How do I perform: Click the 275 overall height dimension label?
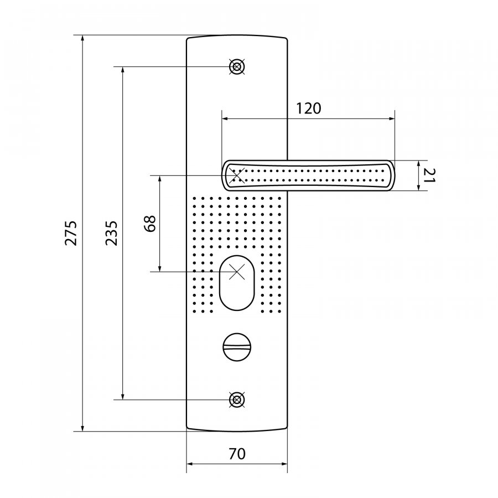point(71,233)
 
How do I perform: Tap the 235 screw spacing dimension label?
point(111,233)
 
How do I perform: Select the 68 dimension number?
point(149,224)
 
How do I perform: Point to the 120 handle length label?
point(308,108)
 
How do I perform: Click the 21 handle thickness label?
point(429,175)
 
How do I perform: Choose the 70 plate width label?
point(237,454)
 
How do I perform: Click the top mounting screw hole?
point(237,67)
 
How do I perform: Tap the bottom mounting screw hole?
point(237,400)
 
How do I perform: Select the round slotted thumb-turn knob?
point(237,347)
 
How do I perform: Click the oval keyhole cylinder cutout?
point(237,283)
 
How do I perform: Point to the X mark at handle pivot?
point(238,175)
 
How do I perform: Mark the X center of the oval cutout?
point(237,272)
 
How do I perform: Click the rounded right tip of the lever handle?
point(392,175)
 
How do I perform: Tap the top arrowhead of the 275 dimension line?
point(83,39)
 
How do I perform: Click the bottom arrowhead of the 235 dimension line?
point(123,396)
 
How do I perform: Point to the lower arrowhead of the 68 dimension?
point(160,268)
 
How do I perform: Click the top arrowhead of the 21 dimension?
point(419,164)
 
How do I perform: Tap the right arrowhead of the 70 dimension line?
point(284,464)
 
